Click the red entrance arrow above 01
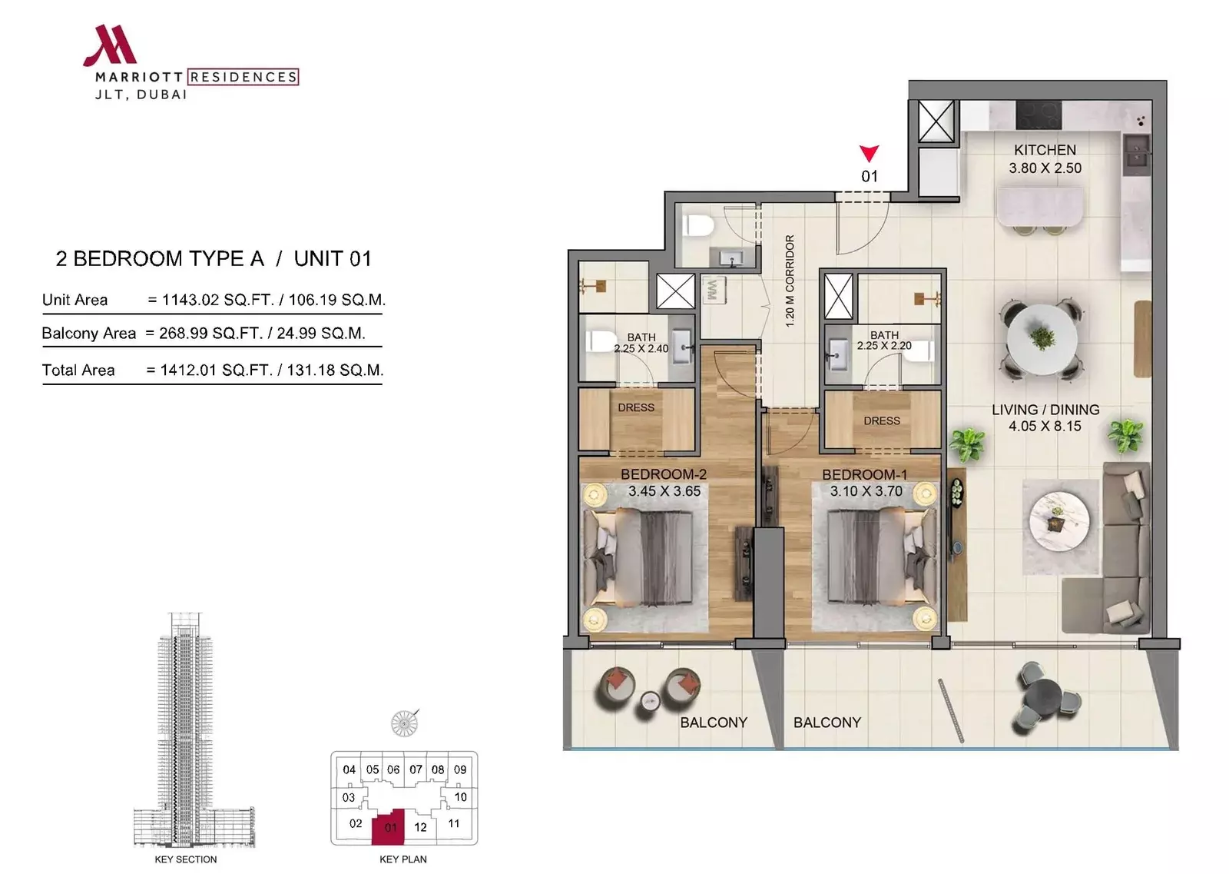(x=869, y=153)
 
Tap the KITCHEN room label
(x=1045, y=150)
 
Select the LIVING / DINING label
(x=1045, y=410)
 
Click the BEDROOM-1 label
(x=864, y=474)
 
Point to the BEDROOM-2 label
(x=664, y=474)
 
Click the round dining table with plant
(x=1042, y=339)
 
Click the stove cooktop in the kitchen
(x=1039, y=115)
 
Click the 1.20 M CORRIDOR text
(x=790, y=281)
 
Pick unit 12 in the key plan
(x=420, y=827)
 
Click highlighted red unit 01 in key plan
(x=389, y=826)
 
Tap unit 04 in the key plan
(x=349, y=769)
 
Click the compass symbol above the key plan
(x=404, y=723)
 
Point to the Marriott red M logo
(x=111, y=45)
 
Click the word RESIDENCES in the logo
(x=243, y=77)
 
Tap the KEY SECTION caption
(x=185, y=859)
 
